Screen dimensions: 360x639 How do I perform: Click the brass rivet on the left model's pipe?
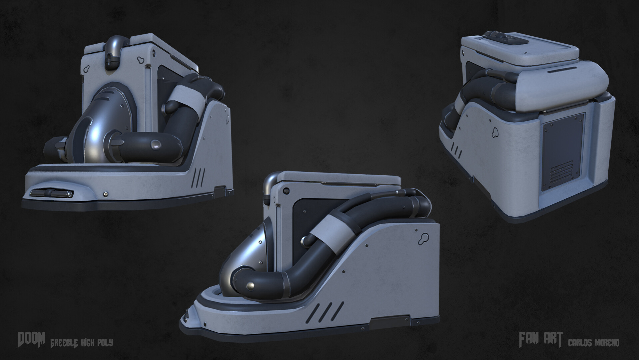point(156,145)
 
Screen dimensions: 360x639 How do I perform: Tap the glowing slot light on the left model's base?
point(50,193)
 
